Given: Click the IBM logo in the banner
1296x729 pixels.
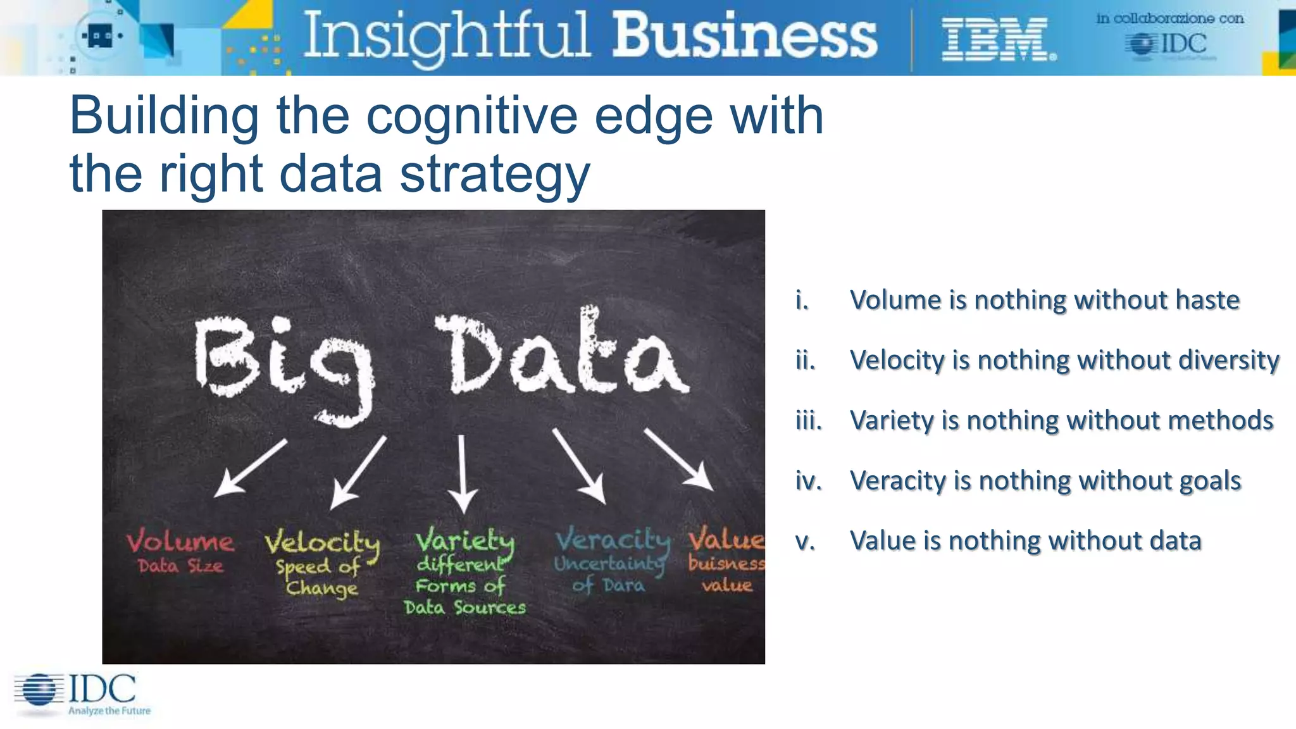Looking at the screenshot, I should (997, 39).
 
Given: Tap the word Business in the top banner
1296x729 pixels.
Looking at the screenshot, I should (745, 35).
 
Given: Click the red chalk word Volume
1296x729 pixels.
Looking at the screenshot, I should (180, 542).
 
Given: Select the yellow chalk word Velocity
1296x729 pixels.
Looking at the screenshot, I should (322, 543).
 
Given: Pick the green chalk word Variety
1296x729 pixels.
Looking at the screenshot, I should (465, 541).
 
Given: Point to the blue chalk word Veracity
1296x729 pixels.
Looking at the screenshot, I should (612, 540).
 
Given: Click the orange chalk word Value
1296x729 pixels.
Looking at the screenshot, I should (726, 539).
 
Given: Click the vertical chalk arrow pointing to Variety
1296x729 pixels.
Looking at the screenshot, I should (463, 472).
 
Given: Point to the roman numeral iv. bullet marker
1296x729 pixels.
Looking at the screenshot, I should (808, 481).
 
